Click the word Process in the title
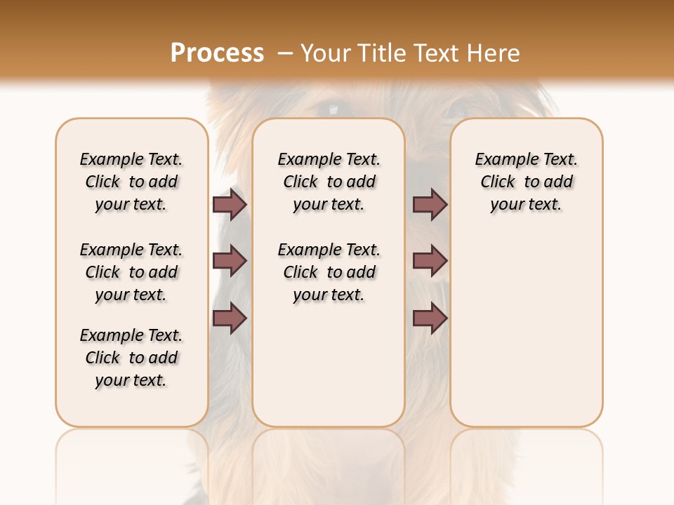[x=217, y=53]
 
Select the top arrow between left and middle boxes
[x=230, y=205]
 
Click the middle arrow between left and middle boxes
[x=230, y=261]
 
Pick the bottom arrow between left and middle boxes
[x=230, y=318]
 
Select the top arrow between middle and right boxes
[x=430, y=205]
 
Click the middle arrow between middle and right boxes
[x=430, y=261]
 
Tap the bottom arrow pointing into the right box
[x=430, y=318]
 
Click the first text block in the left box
[x=131, y=182]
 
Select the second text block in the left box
[x=131, y=272]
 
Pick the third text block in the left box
[x=131, y=358]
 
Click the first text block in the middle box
[x=329, y=182]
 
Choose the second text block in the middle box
[x=329, y=272]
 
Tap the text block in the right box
[x=526, y=182]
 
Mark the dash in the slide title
[x=284, y=53]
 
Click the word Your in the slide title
[x=326, y=53]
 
